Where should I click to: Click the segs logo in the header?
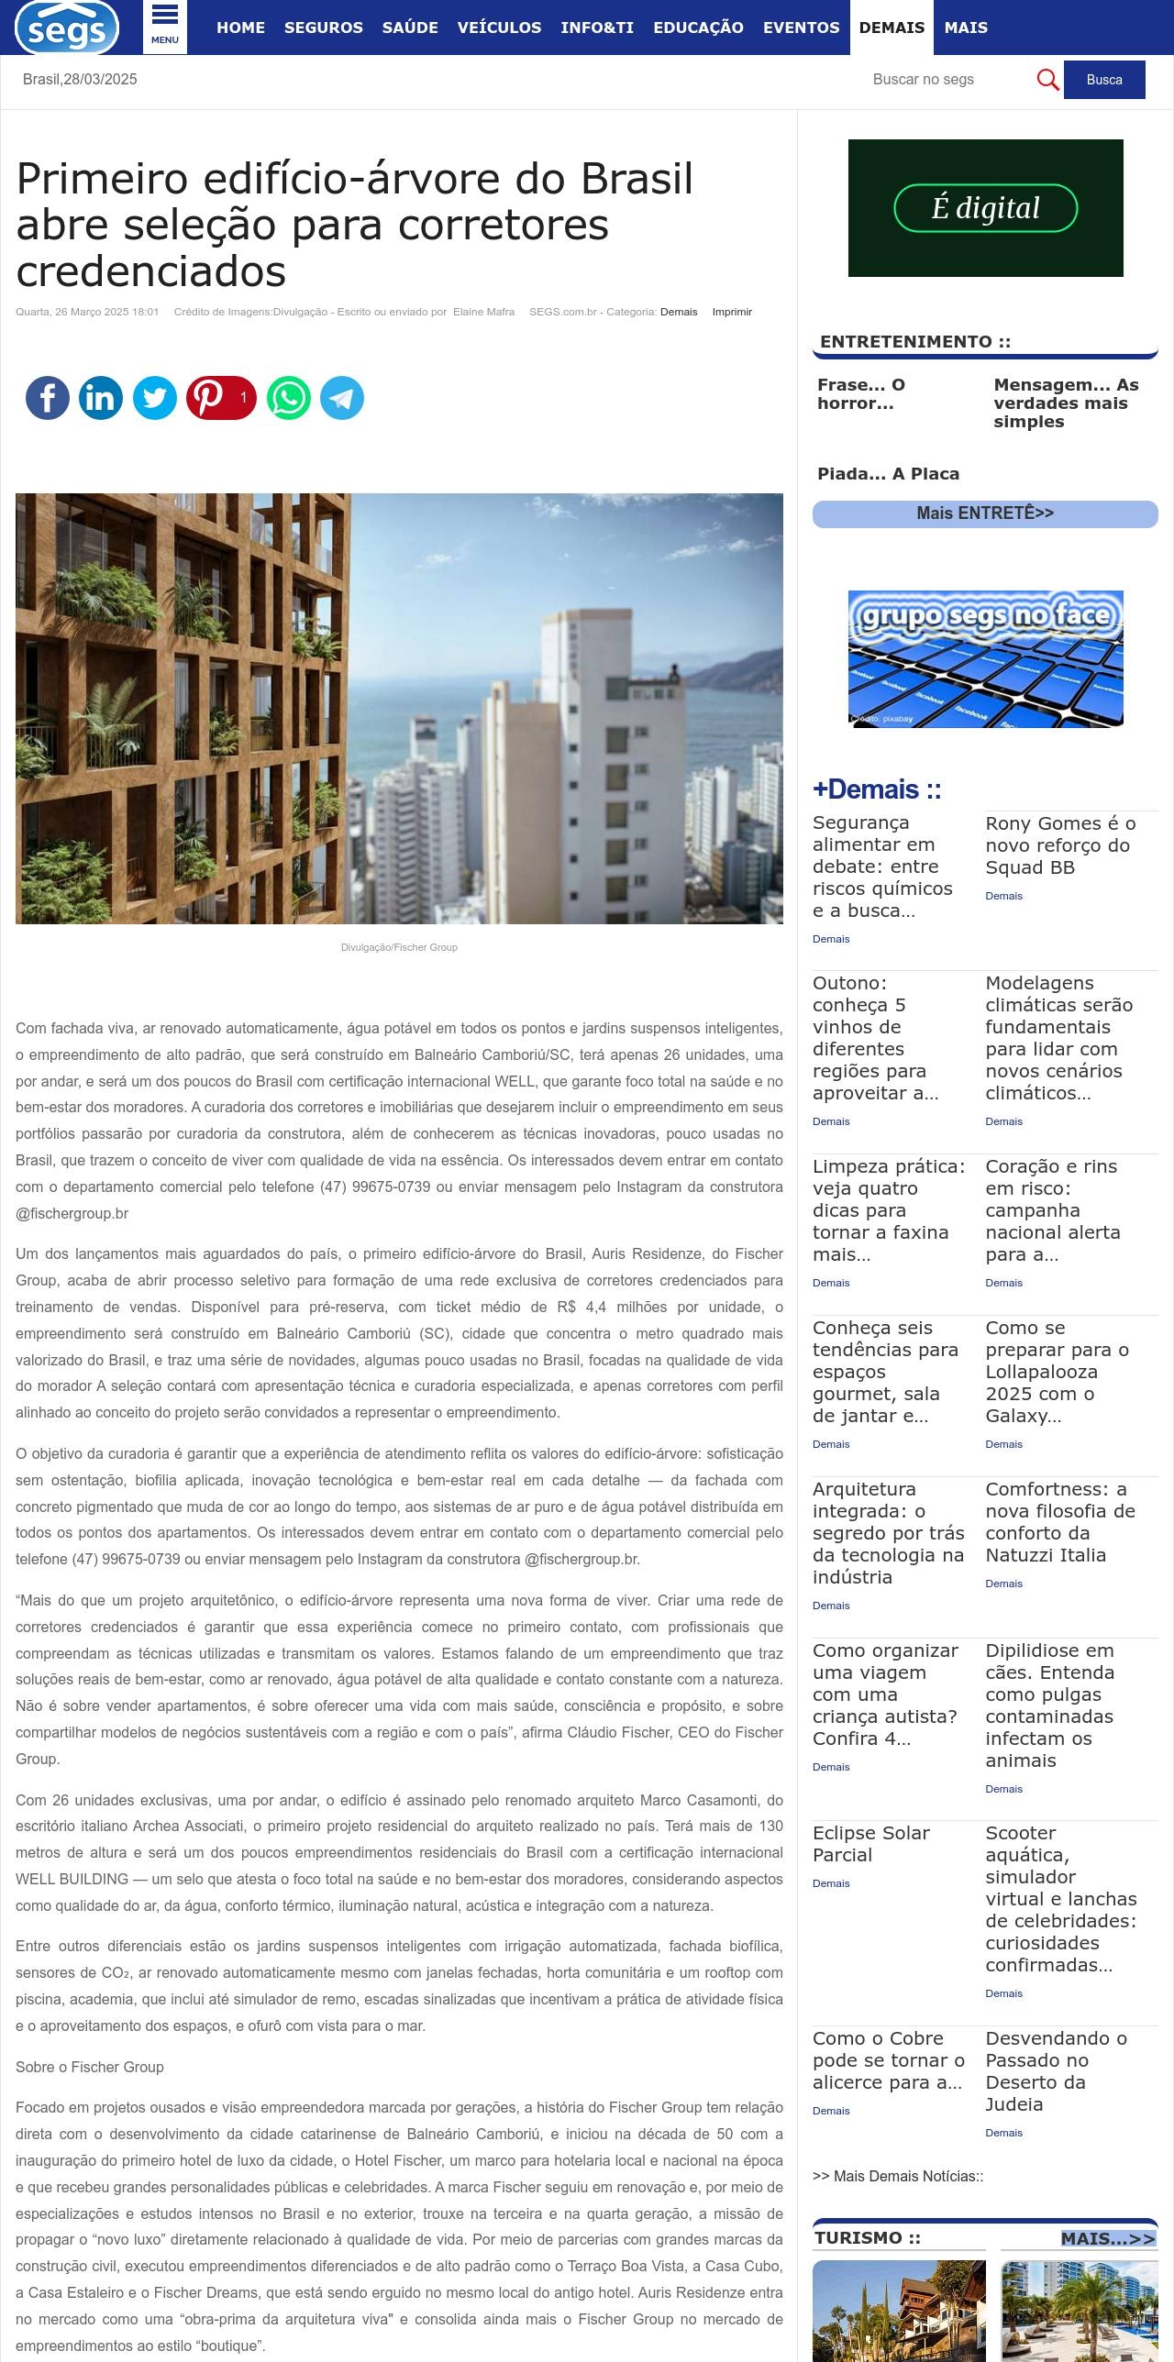click(x=67, y=28)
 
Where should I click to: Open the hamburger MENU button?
click(x=165, y=27)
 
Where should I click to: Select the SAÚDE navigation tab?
click(x=410, y=28)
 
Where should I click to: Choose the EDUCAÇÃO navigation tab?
click(x=698, y=28)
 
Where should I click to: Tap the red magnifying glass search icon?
click(x=1047, y=80)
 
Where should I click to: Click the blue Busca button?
click(x=1104, y=80)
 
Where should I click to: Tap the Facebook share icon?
click(x=48, y=398)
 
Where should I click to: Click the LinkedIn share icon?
click(x=101, y=398)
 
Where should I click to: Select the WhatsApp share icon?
click(x=289, y=398)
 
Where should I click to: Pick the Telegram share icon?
click(x=342, y=398)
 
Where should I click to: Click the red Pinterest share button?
click(x=221, y=398)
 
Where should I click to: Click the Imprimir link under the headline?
click(x=732, y=312)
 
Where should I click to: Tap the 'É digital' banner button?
click(x=985, y=208)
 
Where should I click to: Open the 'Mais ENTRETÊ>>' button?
click(x=985, y=513)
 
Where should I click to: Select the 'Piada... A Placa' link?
click(x=888, y=474)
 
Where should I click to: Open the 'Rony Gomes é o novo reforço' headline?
click(x=1060, y=845)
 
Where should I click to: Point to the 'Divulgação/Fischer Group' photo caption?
click(x=399, y=947)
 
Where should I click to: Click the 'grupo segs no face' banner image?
click(x=985, y=659)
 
